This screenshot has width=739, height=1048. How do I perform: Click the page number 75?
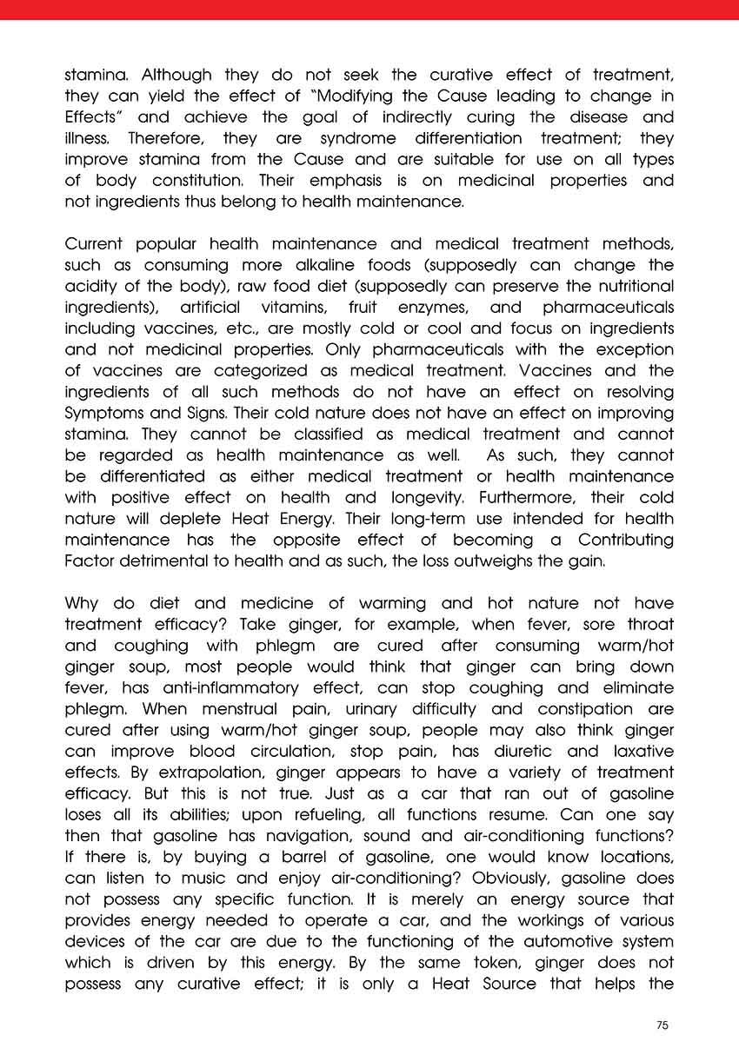pyautogui.click(x=662, y=1025)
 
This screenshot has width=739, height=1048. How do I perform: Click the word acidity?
pyautogui.click(x=95, y=286)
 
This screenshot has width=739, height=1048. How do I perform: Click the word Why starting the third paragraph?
pyautogui.click(x=83, y=603)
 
